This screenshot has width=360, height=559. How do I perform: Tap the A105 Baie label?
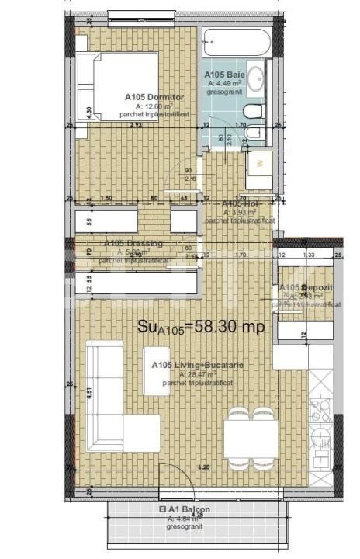(x=220, y=75)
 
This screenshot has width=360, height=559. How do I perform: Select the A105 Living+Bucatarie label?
(x=189, y=365)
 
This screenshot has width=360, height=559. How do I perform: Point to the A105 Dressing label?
(x=133, y=243)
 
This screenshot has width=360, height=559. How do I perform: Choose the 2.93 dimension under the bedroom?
(x=137, y=124)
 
